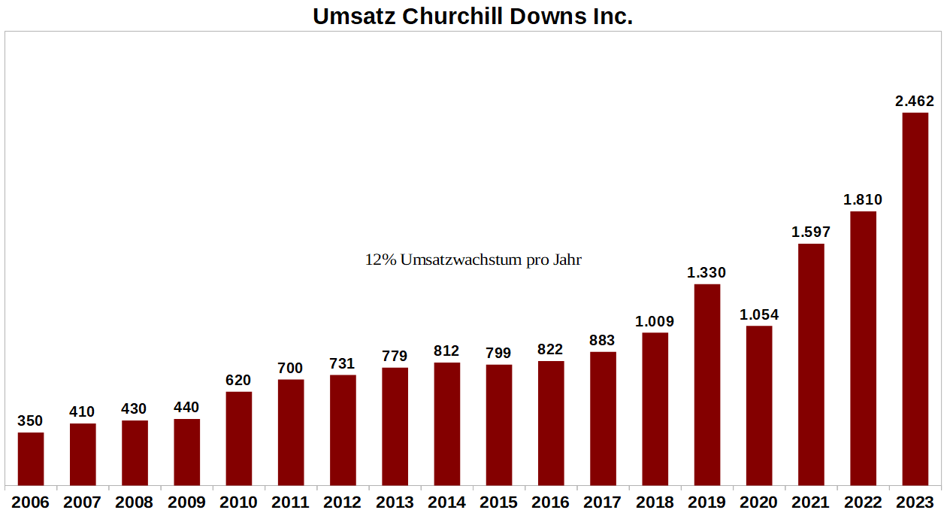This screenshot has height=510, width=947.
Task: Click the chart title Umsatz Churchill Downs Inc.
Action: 473,16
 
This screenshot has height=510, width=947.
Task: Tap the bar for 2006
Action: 31,459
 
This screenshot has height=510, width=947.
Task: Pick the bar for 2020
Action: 759,405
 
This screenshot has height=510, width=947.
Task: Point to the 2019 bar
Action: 707,384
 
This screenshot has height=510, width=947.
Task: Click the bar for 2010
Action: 238,439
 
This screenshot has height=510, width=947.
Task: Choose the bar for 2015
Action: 499,425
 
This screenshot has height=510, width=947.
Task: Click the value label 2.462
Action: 915,101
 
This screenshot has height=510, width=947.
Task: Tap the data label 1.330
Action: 707,272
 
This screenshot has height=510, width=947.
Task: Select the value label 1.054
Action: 759,314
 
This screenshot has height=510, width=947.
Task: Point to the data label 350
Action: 31,421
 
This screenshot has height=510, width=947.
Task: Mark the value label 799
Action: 499,353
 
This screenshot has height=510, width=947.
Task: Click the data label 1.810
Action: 863,200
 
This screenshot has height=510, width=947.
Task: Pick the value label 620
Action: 238,381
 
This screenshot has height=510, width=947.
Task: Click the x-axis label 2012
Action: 343,502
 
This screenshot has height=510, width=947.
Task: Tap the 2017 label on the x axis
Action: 603,502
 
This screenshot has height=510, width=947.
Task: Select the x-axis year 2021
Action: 811,502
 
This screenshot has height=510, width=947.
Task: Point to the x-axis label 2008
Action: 135,502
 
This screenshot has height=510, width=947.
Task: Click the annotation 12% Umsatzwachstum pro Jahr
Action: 473,260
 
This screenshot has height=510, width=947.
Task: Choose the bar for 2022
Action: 863,348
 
